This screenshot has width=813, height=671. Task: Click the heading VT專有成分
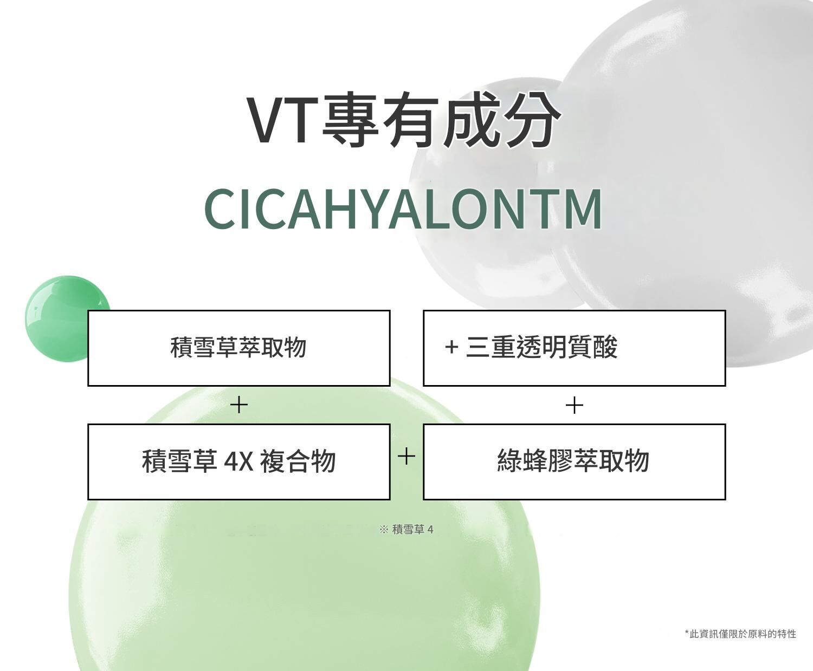(x=404, y=120)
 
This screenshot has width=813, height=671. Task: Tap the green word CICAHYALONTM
(x=403, y=209)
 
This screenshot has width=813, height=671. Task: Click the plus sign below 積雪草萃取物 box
(x=238, y=405)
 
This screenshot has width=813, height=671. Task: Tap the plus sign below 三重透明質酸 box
(x=575, y=405)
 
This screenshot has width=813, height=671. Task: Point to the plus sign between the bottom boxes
(x=406, y=456)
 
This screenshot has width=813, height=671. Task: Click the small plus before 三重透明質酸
(x=451, y=347)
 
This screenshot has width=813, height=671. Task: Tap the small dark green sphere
(x=67, y=319)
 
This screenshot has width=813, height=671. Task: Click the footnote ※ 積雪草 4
(x=406, y=530)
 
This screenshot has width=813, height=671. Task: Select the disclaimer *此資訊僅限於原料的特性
(x=740, y=634)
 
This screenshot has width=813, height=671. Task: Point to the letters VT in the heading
(x=283, y=121)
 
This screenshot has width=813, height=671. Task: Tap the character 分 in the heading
(x=533, y=120)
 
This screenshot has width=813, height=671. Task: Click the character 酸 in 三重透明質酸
(x=605, y=347)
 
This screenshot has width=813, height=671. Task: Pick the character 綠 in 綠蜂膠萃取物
(x=510, y=461)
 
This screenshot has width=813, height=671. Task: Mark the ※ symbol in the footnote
(x=384, y=530)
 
